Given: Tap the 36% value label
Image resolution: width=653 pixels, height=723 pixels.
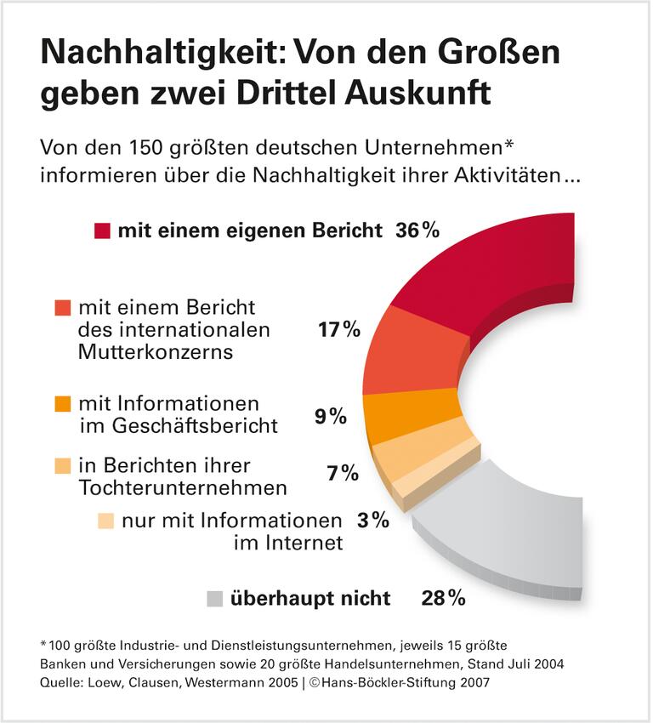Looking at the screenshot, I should pyautogui.click(x=417, y=231).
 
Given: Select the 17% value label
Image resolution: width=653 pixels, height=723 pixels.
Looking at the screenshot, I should pyautogui.click(x=338, y=329).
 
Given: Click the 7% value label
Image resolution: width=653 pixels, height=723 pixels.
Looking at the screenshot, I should pyautogui.click(x=343, y=473).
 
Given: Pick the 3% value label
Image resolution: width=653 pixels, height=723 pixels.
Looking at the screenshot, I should pyautogui.click(x=372, y=520).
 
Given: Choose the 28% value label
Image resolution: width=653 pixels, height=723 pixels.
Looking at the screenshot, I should pyautogui.click(x=443, y=598).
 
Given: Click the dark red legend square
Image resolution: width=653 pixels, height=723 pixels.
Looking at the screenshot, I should pyautogui.click(x=102, y=231).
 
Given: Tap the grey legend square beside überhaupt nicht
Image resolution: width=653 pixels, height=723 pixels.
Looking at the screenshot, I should pyautogui.click(x=215, y=599).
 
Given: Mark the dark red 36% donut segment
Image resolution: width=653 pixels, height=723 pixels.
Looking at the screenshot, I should pyautogui.click(x=493, y=272).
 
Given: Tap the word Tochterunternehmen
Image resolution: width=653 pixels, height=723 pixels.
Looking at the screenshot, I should pyautogui.click(x=182, y=487).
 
